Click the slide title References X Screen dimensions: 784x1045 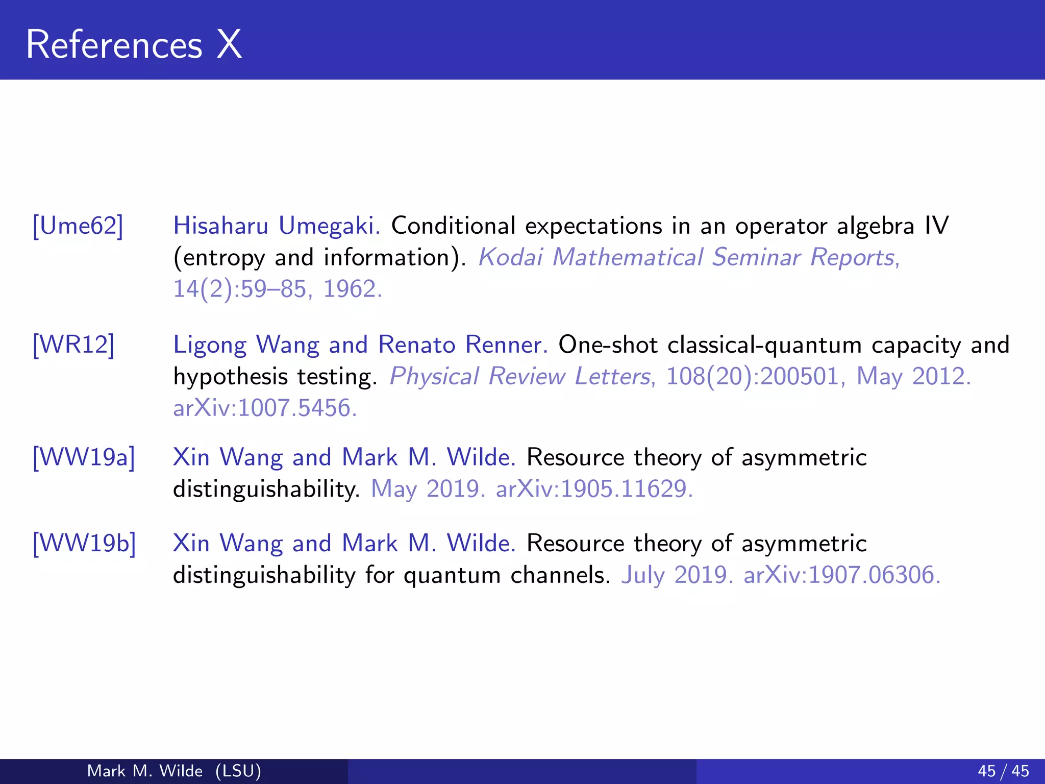click(134, 45)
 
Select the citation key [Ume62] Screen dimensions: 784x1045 click(78, 226)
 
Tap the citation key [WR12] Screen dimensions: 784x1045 click(73, 345)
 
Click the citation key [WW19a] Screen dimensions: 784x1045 click(84, 457)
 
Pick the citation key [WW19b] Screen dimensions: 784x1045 click(85, 544)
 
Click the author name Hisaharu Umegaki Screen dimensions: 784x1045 click(276, 226)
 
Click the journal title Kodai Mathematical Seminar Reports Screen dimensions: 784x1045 click(688, 257)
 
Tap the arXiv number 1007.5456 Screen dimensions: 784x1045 click(296, 408)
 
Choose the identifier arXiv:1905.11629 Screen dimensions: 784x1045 click(594, 489)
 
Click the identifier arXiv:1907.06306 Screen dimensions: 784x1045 click(842, 575)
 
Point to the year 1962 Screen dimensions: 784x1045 click(352, 289)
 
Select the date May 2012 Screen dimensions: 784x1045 click(913, 377)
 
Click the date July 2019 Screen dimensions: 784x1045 click(677, 575)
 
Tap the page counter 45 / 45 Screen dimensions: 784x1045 click(1003, 771)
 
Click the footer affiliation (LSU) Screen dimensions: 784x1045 click(238, 771)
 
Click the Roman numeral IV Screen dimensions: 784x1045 click(936, 226)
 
